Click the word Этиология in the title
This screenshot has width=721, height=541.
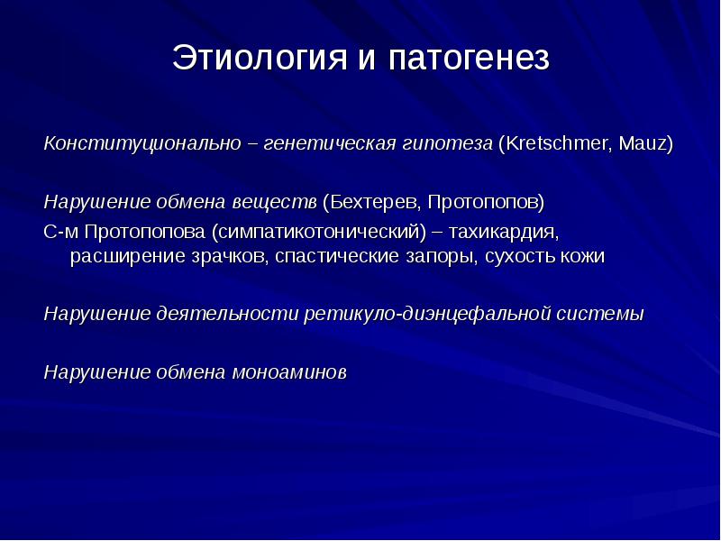point(260,57)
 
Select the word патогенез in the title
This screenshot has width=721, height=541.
point(469,58)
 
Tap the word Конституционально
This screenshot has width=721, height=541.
point(142,143)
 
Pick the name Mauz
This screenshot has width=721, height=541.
point(642,143)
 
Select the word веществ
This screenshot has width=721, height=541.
point(275,202)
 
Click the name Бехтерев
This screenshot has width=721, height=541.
point(375,202)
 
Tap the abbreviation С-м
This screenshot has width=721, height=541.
point(60,232)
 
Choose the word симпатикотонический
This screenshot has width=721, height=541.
point(320,232)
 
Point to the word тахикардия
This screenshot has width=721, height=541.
point(504,232)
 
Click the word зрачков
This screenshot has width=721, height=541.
point(230,257)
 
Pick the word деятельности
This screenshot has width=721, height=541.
point(227,314)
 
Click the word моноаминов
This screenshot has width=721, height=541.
point(289,372)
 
